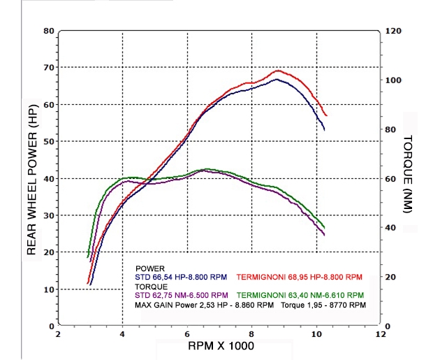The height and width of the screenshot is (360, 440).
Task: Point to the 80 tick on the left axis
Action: click(x=49, y=31)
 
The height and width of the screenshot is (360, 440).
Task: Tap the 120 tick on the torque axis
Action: click(x=393, y=31)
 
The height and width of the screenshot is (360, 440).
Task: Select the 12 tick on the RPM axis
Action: click(x=381, y=334)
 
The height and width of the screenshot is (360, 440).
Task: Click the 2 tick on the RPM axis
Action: click(x=58, y=334)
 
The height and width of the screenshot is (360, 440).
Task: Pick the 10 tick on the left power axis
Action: click(x=49, y=289)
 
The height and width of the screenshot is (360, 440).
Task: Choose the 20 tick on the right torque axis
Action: click(x=391, y=277)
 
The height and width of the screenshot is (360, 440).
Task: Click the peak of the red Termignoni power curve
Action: click(x=277, y=71)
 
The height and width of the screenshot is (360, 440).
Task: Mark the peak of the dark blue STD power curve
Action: click(x=277, y=79)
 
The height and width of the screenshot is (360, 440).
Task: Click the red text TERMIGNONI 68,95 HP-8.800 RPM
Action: click(x=300, y=278)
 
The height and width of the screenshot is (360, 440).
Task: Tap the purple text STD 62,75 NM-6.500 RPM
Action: click(x=182, y=295)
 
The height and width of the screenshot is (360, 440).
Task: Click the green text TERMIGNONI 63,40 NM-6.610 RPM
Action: click(x=301, y=295)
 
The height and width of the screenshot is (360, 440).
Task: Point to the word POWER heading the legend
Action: click(x=149, y=268)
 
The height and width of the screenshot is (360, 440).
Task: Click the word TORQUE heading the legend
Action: click(x=152, y=287)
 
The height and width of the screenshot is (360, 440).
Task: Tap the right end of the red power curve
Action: click(x=326, y=115)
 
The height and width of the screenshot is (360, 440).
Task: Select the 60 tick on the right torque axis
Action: click(x=391, y=179)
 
